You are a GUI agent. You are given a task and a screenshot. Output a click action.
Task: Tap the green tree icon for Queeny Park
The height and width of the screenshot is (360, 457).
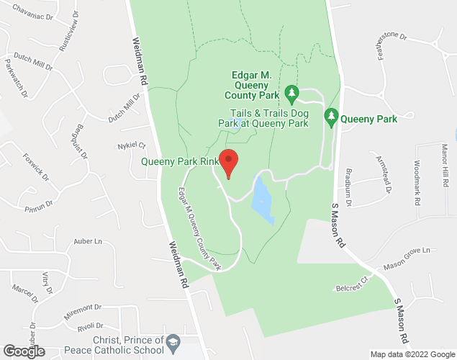[332, 116]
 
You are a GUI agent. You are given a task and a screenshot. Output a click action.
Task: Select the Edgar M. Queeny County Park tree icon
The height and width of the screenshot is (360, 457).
[292, 92]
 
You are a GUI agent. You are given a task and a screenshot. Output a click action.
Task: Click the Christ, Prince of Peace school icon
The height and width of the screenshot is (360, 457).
[172, 340]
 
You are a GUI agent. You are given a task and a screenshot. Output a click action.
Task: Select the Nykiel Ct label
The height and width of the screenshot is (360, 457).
[132, 145]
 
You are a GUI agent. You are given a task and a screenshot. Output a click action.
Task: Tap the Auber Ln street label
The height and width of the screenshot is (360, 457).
[89, 243]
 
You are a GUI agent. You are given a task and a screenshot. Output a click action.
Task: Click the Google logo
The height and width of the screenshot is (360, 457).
[23, 351]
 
